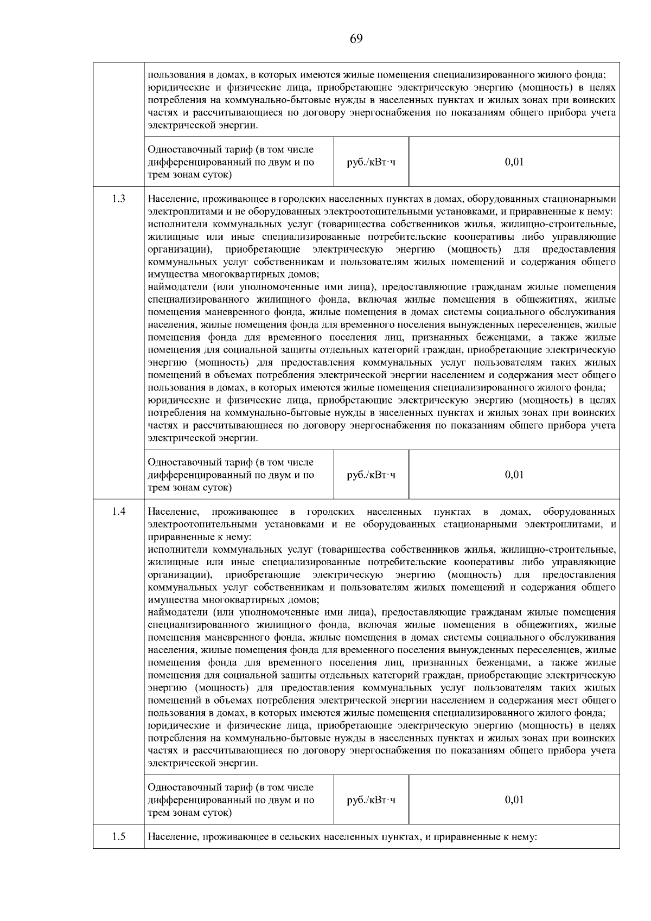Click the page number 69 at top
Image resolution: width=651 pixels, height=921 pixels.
click(356, 39)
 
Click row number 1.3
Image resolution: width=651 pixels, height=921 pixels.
click(118, 199)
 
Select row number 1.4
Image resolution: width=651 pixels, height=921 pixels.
click(118, 511)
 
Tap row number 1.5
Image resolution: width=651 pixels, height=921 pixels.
click(118, 836)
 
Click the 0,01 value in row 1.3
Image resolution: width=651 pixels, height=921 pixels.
click(514, 475)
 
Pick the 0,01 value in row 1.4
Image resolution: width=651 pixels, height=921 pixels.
click(514, 800)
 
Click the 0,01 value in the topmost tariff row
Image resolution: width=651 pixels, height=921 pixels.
click(514, 162)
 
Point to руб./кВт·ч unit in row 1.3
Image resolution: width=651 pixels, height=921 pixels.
click(371, 475)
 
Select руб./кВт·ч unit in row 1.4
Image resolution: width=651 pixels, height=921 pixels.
click(371, 800)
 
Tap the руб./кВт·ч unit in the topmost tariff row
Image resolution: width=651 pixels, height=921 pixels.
click(371, 162)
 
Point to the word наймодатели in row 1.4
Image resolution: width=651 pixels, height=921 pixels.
click(178, 612)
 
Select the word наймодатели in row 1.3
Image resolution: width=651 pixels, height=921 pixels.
click(178, 286)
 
